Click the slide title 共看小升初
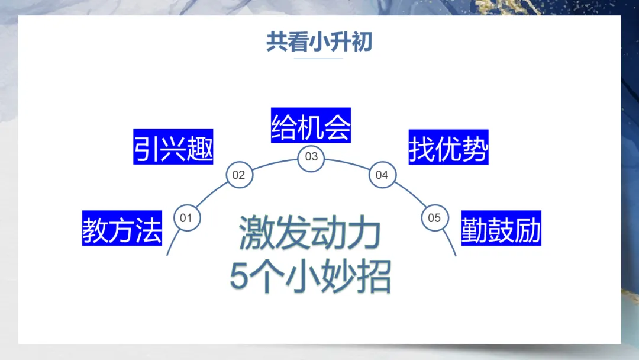319,42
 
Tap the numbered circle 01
186,218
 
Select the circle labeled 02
238,175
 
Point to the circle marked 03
311,156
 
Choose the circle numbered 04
382,175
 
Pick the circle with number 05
434,218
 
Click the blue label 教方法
122,228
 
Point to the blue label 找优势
448,147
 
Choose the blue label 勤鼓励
501,228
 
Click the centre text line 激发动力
309,233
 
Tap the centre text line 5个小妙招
310,276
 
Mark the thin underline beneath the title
318,59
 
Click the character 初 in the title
361,42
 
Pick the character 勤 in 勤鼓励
475,228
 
